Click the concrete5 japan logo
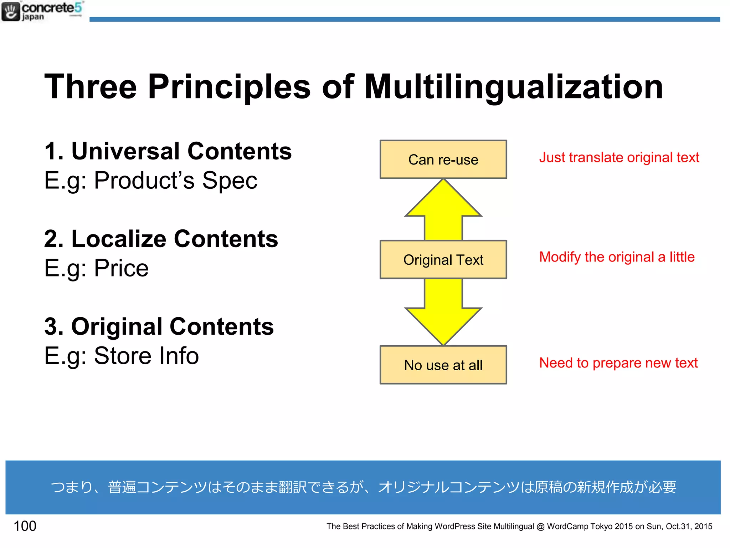42,11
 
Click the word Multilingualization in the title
513,87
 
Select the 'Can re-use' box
443,159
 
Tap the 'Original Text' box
443,260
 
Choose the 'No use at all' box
443,365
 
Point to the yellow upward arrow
443,210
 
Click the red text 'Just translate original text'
619,157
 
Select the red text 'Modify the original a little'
617,257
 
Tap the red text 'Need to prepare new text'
618,363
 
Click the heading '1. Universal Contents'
168,151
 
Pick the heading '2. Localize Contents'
161,239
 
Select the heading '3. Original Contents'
159,326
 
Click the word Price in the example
121,268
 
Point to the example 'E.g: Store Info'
121,356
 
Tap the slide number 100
25,526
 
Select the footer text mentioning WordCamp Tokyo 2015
519,526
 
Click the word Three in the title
91,87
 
